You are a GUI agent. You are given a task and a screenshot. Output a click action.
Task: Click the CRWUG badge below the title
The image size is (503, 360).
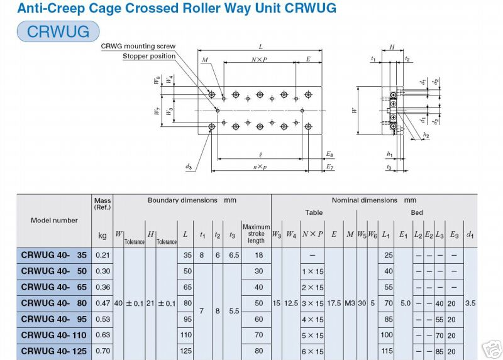tap(58, 31)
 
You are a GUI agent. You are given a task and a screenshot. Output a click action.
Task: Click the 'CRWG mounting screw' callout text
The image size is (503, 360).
tap(138, 46)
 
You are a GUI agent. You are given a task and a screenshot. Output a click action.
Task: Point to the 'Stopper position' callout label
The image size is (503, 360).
tap(149, 57)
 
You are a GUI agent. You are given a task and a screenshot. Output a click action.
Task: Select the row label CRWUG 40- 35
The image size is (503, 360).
tap(55, 255)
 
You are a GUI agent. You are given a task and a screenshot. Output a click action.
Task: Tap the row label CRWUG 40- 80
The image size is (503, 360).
tap(55, 303)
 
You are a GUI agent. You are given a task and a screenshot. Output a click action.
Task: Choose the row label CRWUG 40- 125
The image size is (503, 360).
tap(55, 351)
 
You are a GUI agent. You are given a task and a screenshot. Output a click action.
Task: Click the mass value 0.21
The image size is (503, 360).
tap(102, 255)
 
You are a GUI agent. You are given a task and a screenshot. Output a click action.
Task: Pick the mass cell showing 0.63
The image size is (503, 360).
tap(102, 335)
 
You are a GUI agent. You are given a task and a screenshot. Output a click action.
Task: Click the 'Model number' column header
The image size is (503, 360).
tap(55, 221)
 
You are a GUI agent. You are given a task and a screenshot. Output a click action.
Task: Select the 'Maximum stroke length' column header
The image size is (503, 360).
tap(256, 234)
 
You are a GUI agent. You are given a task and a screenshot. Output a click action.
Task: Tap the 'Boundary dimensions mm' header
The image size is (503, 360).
tap(192, 200)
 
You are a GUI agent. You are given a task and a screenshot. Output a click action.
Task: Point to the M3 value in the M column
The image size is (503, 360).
tap(350, 303)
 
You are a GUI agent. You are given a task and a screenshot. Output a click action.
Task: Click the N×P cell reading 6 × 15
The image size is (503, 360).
tap(312, 351)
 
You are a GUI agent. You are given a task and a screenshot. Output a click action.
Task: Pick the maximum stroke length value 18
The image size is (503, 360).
tap(256, 255)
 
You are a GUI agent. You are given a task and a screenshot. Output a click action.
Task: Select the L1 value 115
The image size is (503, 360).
tap(388, 351)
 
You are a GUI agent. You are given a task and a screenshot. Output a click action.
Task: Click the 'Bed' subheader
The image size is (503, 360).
tap(417, 212)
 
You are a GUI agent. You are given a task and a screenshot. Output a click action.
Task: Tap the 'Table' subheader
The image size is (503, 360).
tap(314, 212)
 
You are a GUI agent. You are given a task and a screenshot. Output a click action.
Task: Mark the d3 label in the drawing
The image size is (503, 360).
tap(189, 166)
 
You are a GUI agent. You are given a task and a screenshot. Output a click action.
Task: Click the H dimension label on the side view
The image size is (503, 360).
tap(392, 47)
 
